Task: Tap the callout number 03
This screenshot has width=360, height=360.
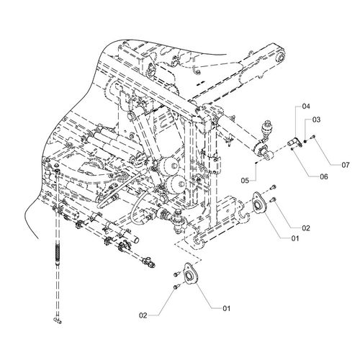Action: coord(316,120)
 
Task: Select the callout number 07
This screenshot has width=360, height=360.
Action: coord(346,165)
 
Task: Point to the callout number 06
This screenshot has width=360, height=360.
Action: coord(324,177)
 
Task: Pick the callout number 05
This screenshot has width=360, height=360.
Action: coord(245,180)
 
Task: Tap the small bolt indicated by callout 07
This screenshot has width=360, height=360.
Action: coord(313,137)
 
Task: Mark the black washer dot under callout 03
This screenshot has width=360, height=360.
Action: coord(305,141)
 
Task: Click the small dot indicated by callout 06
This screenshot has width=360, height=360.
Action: coord(292,149)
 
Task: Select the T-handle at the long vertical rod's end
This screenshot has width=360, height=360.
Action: coord(57,320)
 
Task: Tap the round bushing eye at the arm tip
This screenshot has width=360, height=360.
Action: coord(280,57)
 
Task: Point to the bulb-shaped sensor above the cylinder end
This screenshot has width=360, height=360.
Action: coord(266,127)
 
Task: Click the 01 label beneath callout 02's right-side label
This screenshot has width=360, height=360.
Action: coord(295,238)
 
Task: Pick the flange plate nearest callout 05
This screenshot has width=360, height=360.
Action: coord(258,203)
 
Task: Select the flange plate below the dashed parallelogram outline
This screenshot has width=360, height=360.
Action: coord(190,274)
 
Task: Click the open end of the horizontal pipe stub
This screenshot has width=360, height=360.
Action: coord(137,239)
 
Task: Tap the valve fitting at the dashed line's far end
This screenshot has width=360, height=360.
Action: coord(149,261)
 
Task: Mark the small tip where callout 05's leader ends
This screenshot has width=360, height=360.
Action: coord(256,163)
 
